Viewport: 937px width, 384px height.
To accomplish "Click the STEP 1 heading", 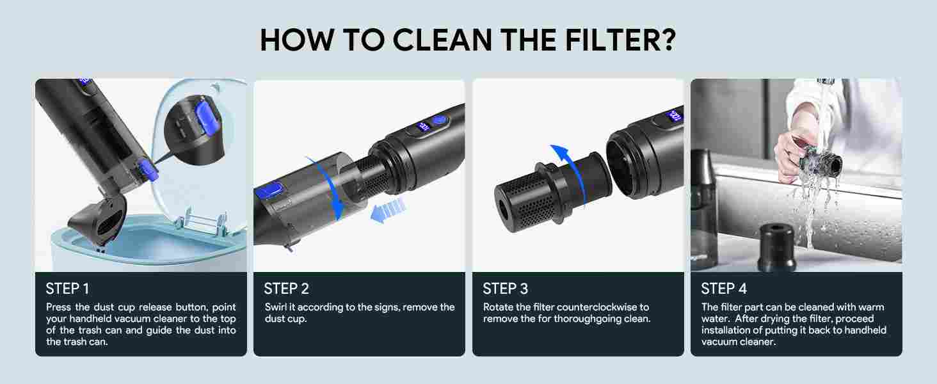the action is pyautogui.click(x=67, y=289).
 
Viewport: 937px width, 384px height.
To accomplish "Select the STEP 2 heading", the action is pyautogui.click(x=286, y=289).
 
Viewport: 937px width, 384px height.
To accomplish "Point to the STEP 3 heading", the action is pyautogui.click(x=506, y=289).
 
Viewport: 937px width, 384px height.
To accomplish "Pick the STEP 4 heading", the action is pyautogui.click(x=724, y=289).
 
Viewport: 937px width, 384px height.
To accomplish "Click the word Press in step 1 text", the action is pyautogui.click(x=59, y=307).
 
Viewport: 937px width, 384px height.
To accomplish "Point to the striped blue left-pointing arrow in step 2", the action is pyautogui.click(x=388, y=210).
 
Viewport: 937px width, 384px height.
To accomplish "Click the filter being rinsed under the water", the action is pyautogui.click(x=820, y=164).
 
